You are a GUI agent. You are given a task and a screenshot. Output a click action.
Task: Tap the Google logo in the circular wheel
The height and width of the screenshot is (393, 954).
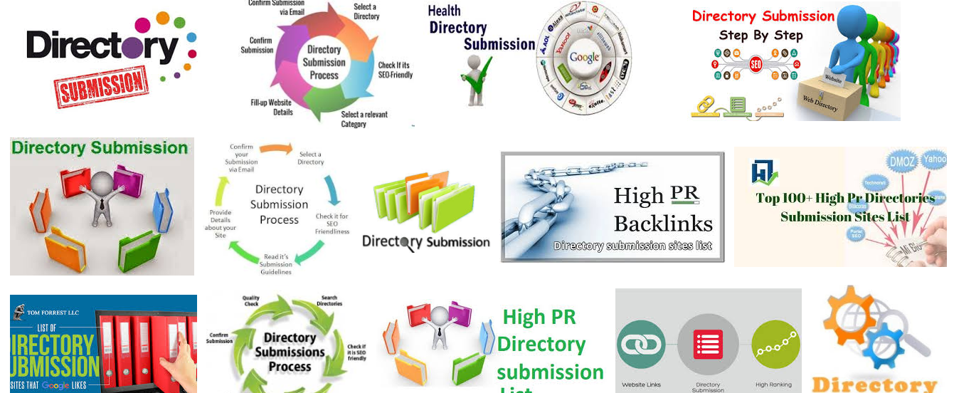pyautogui.click(x=584, y=57)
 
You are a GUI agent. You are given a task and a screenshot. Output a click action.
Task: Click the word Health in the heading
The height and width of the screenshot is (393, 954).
pyautogui.click(x=444, y=11)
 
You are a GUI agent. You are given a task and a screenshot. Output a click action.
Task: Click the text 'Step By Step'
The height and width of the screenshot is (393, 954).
pyautogui.click(x=760, y=35)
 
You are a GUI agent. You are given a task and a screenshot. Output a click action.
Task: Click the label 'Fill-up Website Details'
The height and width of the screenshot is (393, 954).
pyautogui.click(x=271, y=108)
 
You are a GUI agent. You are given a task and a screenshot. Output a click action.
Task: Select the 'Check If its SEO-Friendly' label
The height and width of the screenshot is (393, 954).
pyautogui.click(x=395, y=70)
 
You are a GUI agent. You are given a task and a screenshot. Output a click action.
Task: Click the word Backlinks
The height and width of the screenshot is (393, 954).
pyautogui.click(x=662, y=224)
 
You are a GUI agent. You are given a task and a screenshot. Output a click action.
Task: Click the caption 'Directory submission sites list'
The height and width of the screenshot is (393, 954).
pyautogui.click(x=633, y=246)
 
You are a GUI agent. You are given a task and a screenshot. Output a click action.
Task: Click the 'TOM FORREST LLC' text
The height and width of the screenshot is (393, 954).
pyautogui.click(x=54, y=313)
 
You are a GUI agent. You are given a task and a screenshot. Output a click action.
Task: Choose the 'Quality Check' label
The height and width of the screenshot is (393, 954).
pyautogui.click(x=251, y=301)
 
